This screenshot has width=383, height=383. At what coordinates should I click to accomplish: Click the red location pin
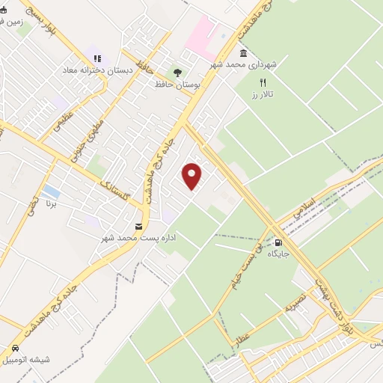pyautogui.click(x=193, y=175)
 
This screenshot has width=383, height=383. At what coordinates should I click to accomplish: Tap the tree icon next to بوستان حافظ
pyautogui.click(x=177, y=73)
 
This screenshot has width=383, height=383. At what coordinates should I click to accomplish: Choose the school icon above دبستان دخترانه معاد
pyautogui.click(x=96, y=58)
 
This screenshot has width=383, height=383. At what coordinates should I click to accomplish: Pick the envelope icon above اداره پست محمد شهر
pyautogui.click(x=138, y=226)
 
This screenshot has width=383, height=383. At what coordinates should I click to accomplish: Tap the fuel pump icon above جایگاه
pyautogui.click(x=279, y=242)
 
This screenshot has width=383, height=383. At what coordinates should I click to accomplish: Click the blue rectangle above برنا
pyautogui.click(x=52, y=191)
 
